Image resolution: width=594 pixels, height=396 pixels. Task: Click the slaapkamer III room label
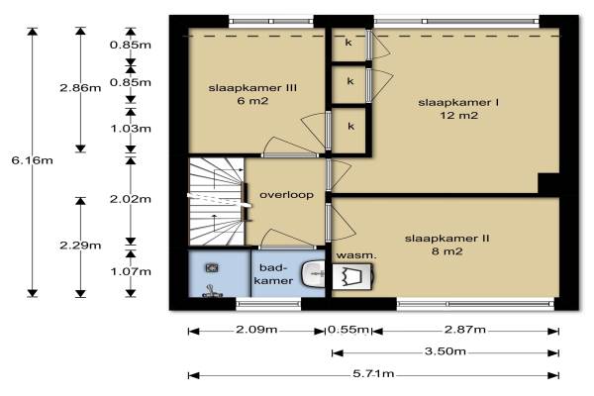[252, 88]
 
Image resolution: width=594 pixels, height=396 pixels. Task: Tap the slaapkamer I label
[458, 102]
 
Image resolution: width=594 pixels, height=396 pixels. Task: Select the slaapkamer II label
[447, 239]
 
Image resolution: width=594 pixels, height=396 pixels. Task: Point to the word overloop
[286, 195]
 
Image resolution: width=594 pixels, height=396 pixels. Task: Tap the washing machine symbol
[352, 276]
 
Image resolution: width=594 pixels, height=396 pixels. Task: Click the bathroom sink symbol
[313, 272]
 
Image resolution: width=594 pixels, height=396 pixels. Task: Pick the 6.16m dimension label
[33, 160]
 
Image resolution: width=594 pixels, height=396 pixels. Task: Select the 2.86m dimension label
[80, 88]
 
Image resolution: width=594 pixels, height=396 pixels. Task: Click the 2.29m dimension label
[80, 246]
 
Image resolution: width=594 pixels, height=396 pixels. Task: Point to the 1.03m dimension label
[131, 129]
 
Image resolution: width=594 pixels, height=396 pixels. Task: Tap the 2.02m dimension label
[131, 199]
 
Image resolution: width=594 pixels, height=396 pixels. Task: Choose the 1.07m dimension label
[131, 271]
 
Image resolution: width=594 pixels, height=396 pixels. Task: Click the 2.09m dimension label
[256, 330]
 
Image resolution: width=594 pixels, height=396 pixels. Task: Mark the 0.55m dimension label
[348, 330]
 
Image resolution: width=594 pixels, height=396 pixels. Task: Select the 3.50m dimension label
[445, 351]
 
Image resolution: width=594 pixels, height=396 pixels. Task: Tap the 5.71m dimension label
[373, 374]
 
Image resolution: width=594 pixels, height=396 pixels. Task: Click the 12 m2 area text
[458, 115]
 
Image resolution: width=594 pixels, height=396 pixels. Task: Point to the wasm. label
[356, 255]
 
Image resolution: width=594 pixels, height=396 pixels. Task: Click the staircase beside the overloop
[216, 202]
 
